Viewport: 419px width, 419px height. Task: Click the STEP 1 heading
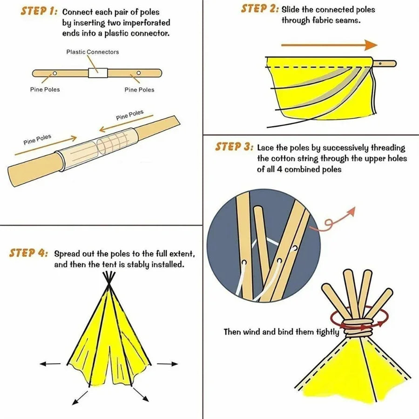click(x=39, y=12)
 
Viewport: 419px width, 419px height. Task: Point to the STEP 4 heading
click(x=28, y=253)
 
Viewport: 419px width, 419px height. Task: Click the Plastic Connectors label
click(x=92, y=52)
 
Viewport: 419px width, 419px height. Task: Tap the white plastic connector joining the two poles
click(x=98, y=73)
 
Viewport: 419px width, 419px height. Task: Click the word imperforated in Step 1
click(x=147, y=22)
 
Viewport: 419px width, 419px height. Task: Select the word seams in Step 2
click(x=348, y=20)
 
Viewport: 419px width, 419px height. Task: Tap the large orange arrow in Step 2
click(x=329, y=45)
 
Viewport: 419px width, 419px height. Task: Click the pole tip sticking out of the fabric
click(x=385, y=63)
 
